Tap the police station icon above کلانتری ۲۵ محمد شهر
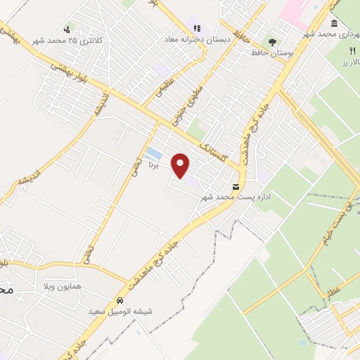click(x=67, y=29)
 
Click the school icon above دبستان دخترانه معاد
click(x=197, y=29)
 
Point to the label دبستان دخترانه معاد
click(x=191, y=39)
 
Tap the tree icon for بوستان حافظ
click(x=272, y=41)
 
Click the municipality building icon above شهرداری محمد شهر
click(x=332, y=23)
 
